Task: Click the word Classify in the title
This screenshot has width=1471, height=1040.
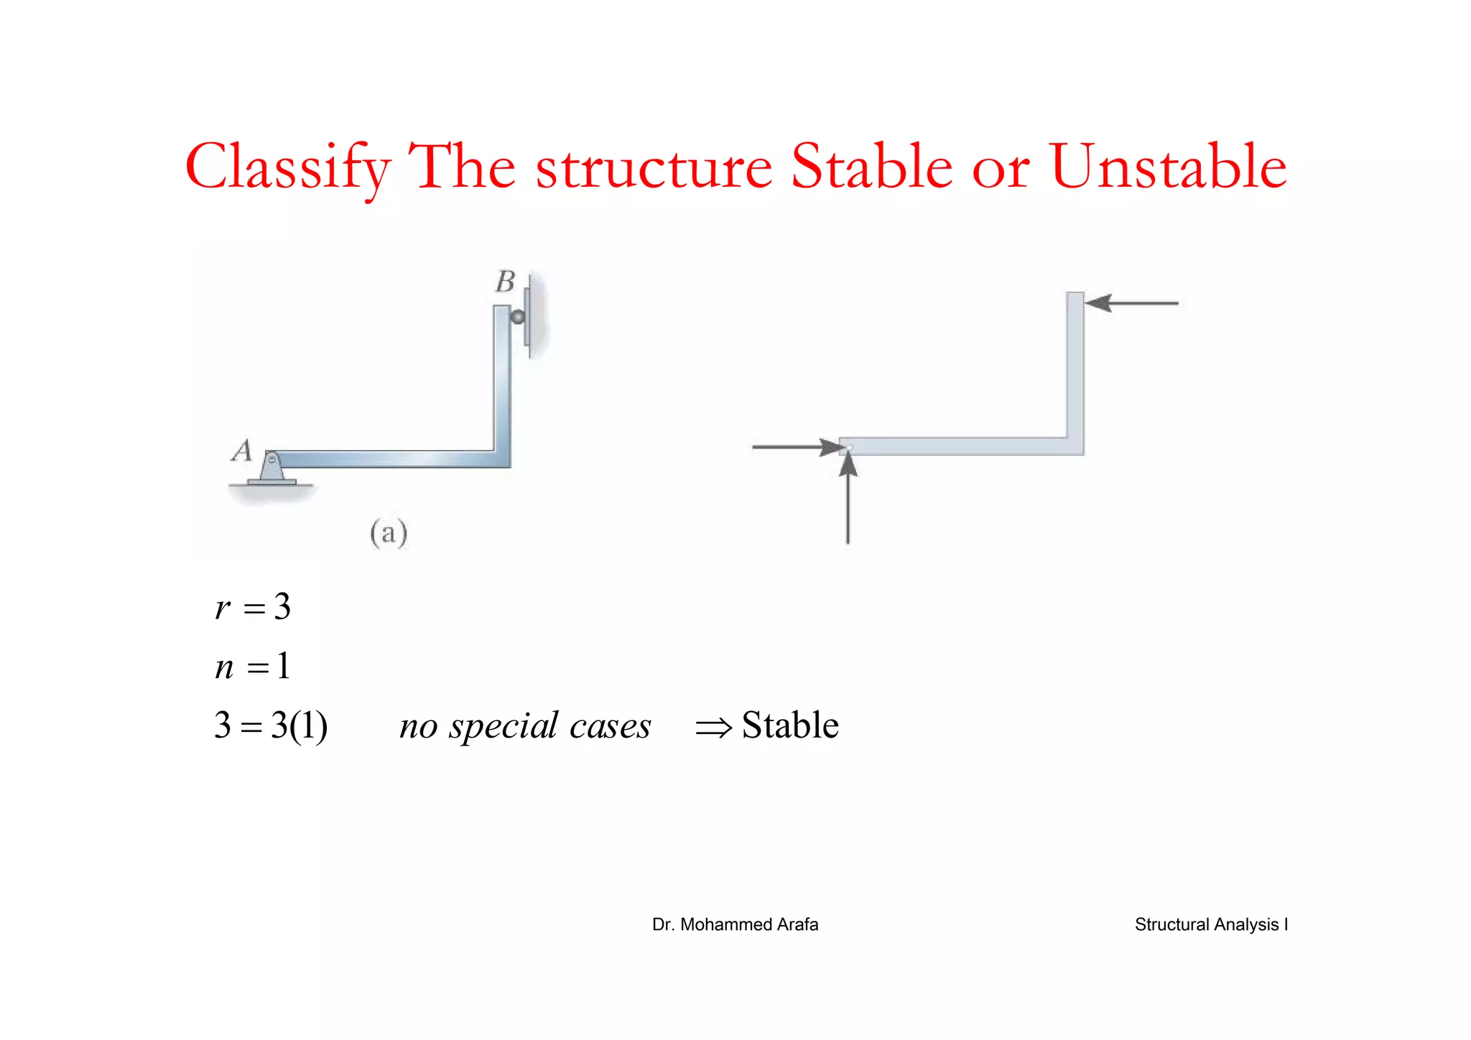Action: (x=287, y=167)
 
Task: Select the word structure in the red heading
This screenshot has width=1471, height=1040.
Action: (x=654, y=167)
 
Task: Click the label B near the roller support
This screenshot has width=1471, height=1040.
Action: (x=505, y=282)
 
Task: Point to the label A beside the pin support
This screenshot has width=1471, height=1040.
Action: (x=242, y=451)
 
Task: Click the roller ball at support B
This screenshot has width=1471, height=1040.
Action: (x=517, y=316)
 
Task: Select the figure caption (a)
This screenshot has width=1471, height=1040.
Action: (x=389, y=533)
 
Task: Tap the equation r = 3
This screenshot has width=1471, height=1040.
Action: (x=253, y=607)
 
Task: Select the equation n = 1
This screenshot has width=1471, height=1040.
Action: (x=253, y=667)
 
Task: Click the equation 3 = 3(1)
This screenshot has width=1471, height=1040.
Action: (x=271, y=725)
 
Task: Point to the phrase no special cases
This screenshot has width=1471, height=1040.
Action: (x=525, y=725)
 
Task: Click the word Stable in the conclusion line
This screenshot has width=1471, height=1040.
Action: (x=790, y=725)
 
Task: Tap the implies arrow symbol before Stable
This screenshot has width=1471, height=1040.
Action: (x=713, y=728)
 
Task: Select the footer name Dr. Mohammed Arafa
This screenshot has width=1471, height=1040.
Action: (x=735, y=924)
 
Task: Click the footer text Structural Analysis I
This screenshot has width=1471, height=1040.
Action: (x=1211, y=924)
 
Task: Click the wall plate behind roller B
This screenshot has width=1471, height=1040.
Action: (x=529, y=316)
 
